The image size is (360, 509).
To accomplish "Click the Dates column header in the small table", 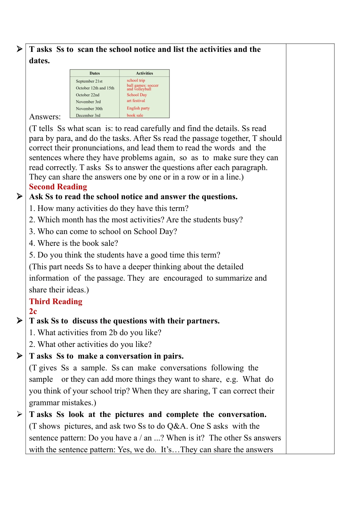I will pyautogui.click(x=95, y=73).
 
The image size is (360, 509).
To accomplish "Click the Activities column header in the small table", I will pyautogui.click(x=144, y=73).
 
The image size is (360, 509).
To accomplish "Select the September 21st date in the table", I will pyautogui.click(x=89, y=81).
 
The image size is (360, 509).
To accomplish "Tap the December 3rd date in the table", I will pyautogui.click(x=88, y=116).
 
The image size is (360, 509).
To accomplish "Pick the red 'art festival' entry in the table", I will pyautogui.click(x=136, y=101).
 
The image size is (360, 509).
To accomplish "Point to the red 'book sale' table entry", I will pyautogui.click(x=135, y=116).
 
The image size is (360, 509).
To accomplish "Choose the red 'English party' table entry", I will pyautogui.click(x=138, y=108).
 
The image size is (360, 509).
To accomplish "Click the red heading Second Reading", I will pyautogui.click(x=58, y=187).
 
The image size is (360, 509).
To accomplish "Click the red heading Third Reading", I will pyautogui.click(x=56, y=301).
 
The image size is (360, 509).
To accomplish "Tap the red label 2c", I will pyautogui.click(x=33, y=311).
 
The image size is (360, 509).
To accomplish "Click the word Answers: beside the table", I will pyautogui.click(x=45, y=117).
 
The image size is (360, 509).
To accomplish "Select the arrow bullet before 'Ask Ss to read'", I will pyautogui.click(x=19, y=196).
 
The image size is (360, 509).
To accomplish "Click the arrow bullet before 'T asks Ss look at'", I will pyautogui.click(x=19, y=414).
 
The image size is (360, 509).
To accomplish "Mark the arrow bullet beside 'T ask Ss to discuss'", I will pyautogui.click(x=19, y=321).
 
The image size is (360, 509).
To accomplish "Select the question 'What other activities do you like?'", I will pyautogui.click(x=90, y=344).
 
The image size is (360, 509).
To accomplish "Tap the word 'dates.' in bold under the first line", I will pyautogui.click(x=39, y=61).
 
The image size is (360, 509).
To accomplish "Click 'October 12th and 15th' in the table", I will pyautogui.click(x=95, y=88).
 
